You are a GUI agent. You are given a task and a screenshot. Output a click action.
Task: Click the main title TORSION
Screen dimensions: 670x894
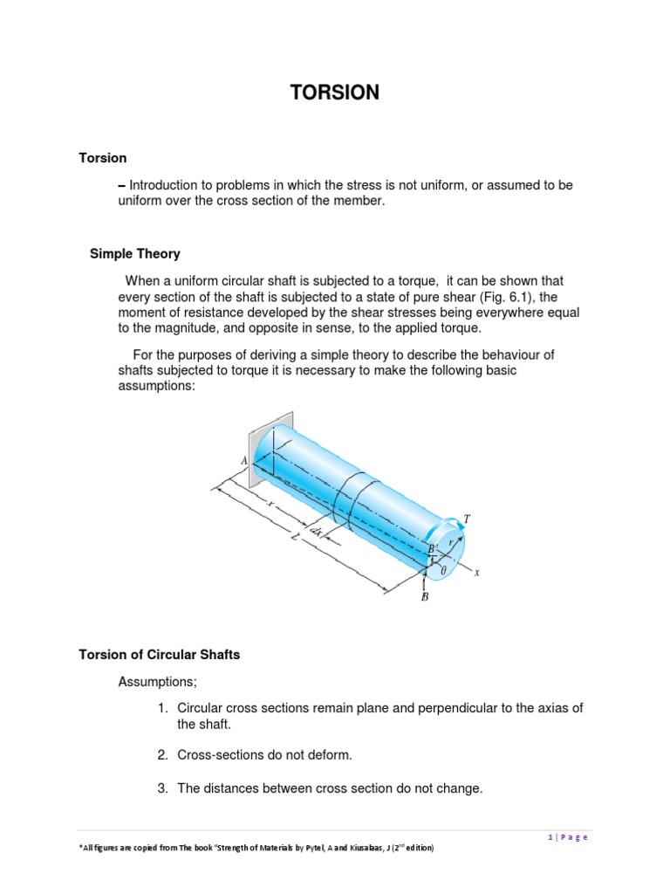click(x=334, y=93)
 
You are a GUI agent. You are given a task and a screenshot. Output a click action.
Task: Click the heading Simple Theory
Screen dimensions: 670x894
click(x=135, y=254)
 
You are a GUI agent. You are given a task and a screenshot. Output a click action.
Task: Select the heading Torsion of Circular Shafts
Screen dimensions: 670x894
click(x=160, y=655)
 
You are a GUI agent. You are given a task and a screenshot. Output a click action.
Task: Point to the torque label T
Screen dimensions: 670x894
click(x=468, y=519)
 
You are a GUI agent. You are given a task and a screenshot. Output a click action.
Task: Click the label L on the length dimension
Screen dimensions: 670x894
click(x=295, y=537)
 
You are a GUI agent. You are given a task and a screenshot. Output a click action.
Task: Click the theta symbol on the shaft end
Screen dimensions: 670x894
click(x=444, y=569)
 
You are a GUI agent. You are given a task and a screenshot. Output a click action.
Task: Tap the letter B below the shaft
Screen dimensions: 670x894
click(x=425, y=597)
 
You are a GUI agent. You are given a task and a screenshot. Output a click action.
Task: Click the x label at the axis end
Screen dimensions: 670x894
click(x=477, y=573)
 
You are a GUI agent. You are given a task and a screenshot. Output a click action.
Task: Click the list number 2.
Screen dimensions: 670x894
click(x=162, y=755)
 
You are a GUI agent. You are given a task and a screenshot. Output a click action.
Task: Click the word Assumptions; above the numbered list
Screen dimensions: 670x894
click(x=157, y=682)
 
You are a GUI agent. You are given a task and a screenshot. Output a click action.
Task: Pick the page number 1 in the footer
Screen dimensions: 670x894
click(x=550, y=837)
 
